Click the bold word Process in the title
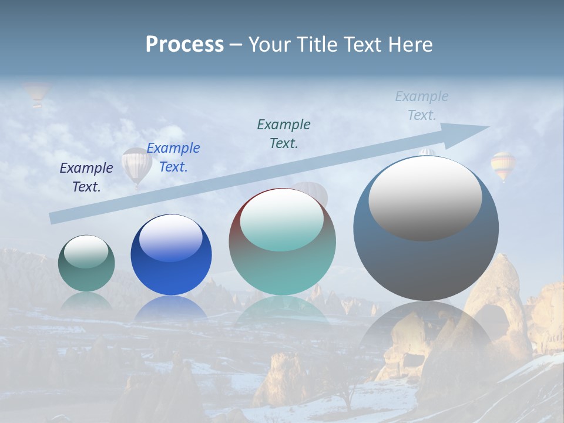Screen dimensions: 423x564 pyautogui.click(x=184, y=44)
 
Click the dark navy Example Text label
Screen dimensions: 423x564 pyautogui.click(x=86, y=177)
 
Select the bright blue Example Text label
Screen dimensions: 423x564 pyautogui.click(x=173, y=157)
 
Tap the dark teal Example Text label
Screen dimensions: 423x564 pyautogui.click(x=284, y=134)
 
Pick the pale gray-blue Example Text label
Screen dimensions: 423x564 pyautogui.click(x=422, y=106)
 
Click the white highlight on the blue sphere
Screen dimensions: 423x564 pyautogui.click(x=171, y=239)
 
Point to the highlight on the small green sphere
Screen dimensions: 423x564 pyautogui.click(x=86, y=251)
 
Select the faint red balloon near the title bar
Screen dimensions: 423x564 pyautogui.click(x=36, y=93)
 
